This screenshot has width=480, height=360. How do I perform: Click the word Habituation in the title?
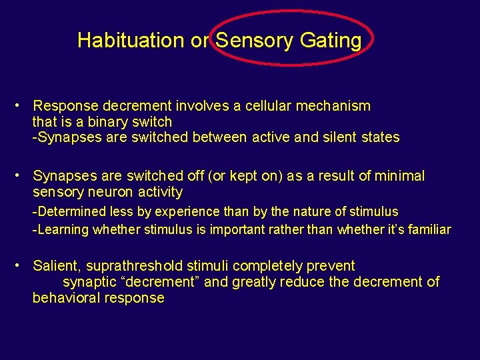click(131, 41)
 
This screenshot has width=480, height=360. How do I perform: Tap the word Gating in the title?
click(331, 41)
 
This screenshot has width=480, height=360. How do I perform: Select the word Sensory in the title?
click(255, 41)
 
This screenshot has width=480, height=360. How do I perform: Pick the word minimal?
click(399, 176)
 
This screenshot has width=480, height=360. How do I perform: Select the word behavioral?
click(65, 298)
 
